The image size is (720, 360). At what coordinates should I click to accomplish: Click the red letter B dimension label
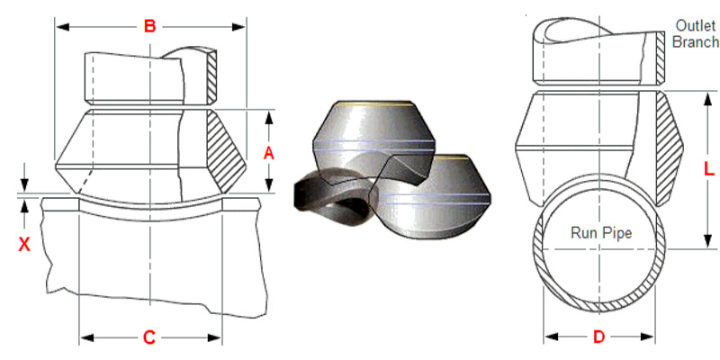coord(149,26)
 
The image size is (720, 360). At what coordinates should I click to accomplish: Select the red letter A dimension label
coord(268,154)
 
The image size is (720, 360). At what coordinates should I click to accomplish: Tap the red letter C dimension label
coord(149,337)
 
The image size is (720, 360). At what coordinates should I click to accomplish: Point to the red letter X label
coord(24,245)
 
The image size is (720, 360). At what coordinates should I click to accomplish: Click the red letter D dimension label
coord(598,337)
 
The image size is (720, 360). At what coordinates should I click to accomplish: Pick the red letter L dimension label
coord(709,170)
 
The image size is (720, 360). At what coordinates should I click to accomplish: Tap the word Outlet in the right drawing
coord(696,25)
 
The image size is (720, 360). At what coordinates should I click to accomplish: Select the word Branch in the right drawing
coord(696,41)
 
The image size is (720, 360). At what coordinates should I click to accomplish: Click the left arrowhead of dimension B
coord(62,27)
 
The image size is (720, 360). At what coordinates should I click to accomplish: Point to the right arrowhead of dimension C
coord(214,338)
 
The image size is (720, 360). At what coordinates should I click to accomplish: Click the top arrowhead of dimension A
coord(269,117)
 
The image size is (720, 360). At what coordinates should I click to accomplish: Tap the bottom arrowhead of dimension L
coord(708,241)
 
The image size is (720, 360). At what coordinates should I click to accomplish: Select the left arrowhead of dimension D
coord(551,337)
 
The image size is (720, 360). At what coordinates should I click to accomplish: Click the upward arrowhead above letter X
coord(25,206)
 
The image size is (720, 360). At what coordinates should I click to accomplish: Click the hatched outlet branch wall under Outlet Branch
coord(661,58)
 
